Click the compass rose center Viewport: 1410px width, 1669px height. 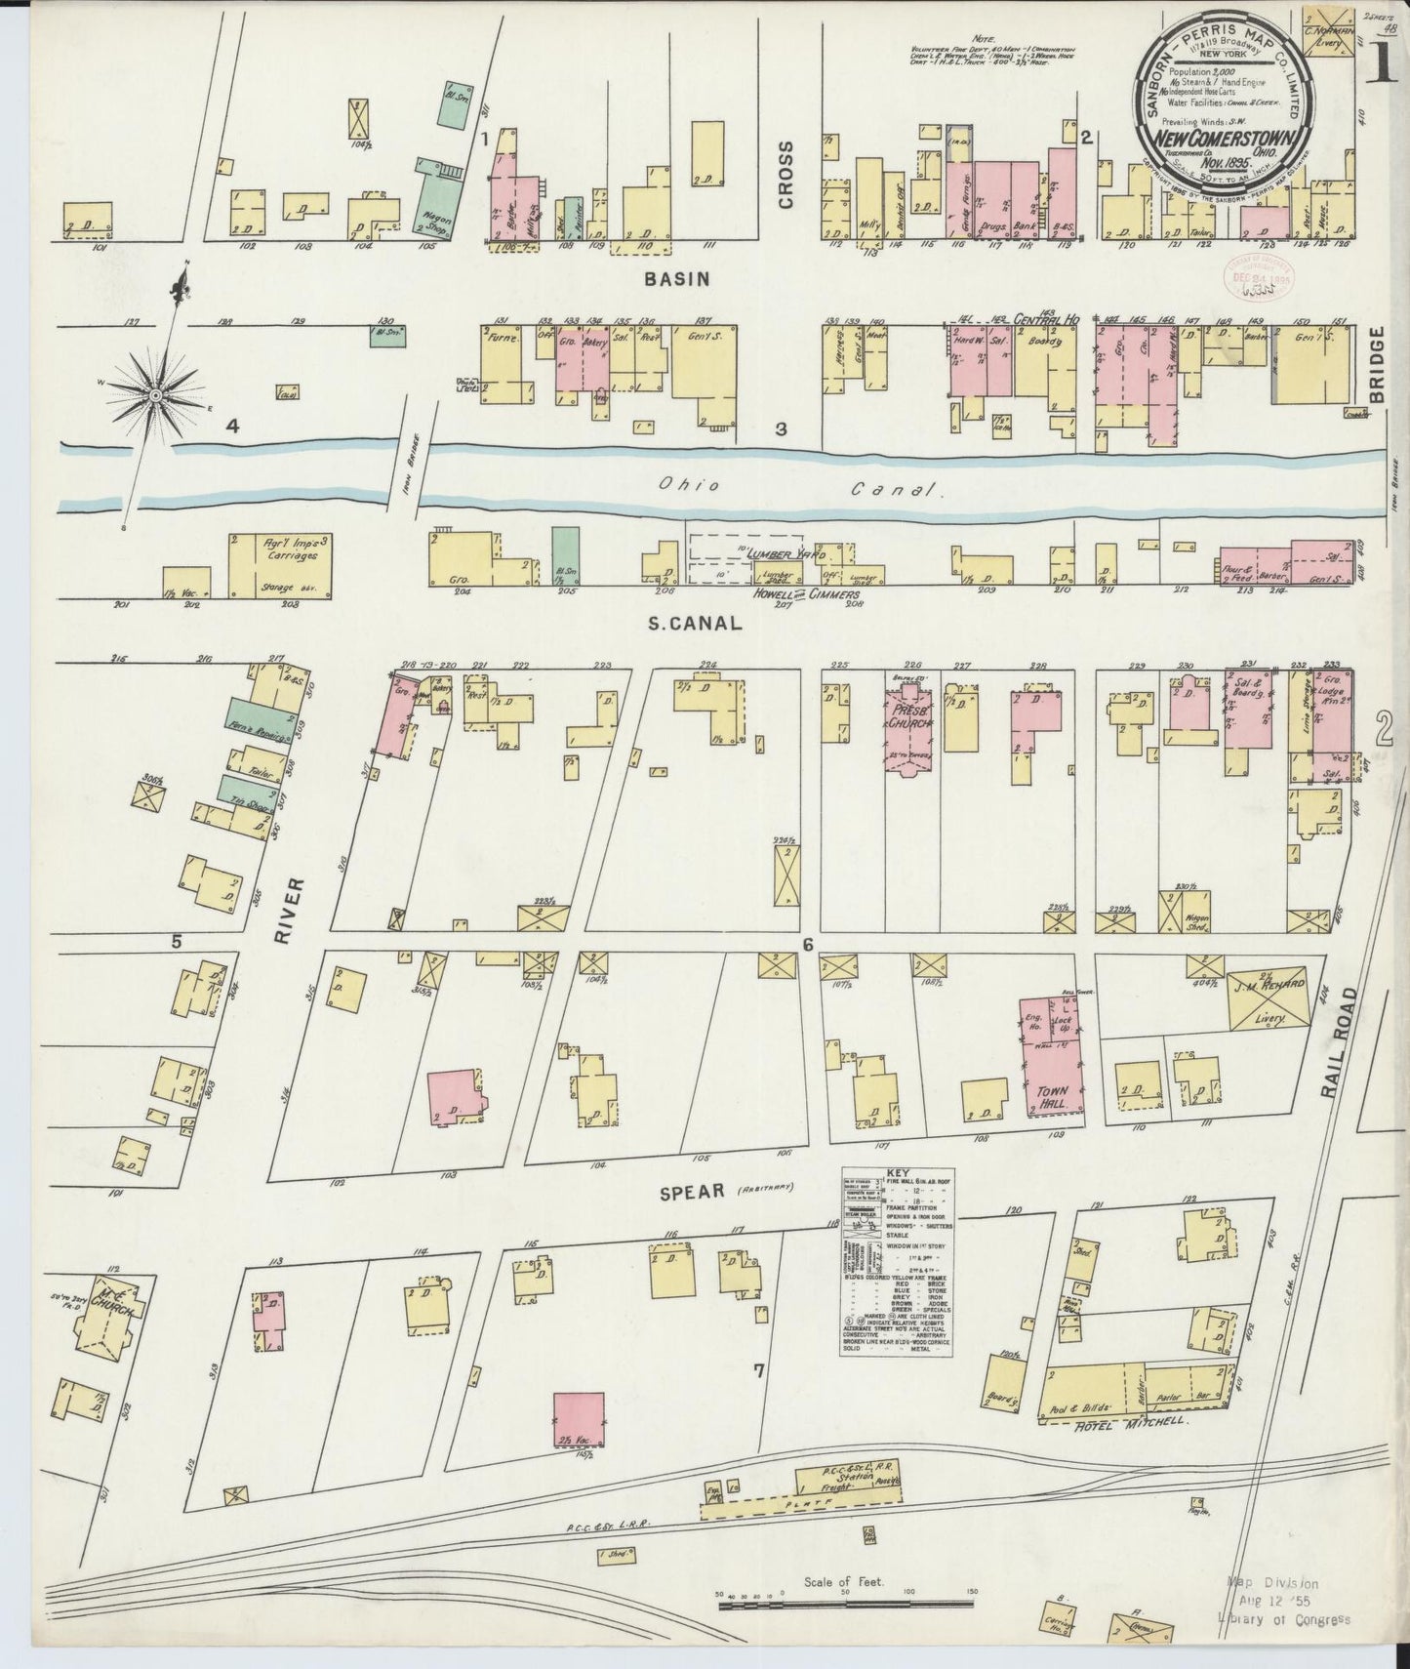click(x=155, y=395)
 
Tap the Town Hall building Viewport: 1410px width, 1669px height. click(x=1052, y=1057)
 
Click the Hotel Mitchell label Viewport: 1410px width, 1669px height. click(x=1128, y=1422)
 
